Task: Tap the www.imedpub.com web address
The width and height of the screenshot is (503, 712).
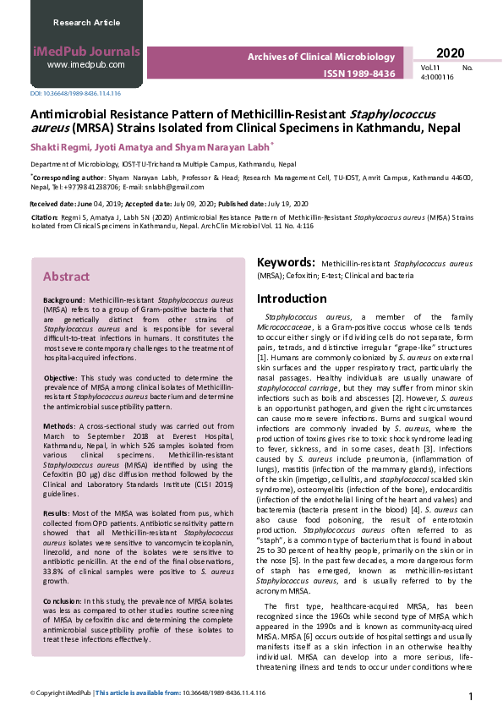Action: tap(85, 64)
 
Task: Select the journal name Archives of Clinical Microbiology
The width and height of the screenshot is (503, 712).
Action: tap(320, 57)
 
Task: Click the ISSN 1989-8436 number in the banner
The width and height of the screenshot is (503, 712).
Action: tap(358, 74)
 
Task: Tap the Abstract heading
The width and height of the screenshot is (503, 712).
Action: tap(66, 277)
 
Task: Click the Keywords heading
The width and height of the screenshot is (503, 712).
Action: tap(287, 263)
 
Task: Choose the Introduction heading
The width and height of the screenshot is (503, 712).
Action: tap(291, 298)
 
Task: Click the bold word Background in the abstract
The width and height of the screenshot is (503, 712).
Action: tap(63, 300)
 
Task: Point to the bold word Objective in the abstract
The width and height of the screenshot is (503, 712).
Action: tap(60, 376)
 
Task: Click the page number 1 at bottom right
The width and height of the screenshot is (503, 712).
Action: tap(471, 695)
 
